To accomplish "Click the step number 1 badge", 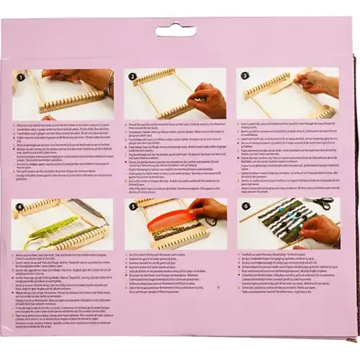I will [22, 76].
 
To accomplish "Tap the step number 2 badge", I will [133, 76].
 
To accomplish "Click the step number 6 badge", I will [245, 204].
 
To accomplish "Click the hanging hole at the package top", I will [179, 31].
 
